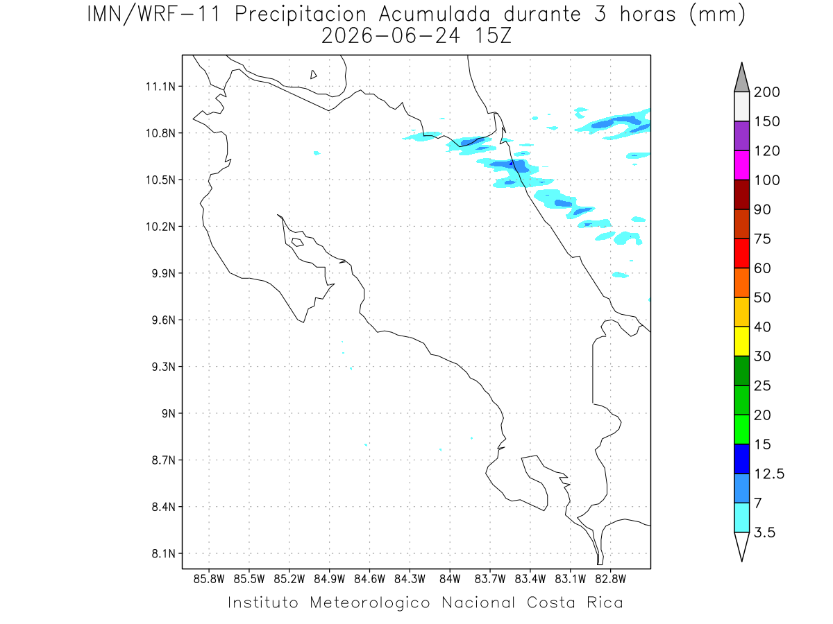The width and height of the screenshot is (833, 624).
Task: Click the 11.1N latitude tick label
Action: click(160, 87)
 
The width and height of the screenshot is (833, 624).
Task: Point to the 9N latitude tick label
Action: click(169, 413)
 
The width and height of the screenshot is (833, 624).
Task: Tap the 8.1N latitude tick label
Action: click(164, 553)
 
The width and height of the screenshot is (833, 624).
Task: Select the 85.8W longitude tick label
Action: click(209, 579)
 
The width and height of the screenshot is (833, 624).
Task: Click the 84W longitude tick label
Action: click(450, 579)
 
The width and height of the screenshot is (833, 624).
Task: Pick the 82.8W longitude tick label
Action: click(610, 579)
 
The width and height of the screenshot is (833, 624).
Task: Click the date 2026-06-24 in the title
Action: click(391, 37)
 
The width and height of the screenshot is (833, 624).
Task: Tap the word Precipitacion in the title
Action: click(301, 15)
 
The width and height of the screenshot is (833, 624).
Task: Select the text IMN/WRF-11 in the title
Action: click(153, 15)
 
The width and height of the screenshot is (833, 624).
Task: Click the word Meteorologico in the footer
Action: click(369, 603)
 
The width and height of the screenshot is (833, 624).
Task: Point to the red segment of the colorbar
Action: click(741, 253)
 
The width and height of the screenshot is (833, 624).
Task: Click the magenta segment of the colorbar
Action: click(741, 165)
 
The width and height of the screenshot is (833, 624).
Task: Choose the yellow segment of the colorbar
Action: click(741, 341)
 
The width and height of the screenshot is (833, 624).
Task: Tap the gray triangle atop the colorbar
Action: click(741, 80)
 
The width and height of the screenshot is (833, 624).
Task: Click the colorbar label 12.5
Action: click(769, 474)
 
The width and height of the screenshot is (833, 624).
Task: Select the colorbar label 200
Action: click(766, 92)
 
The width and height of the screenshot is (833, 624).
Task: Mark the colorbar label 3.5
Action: click(764, 532)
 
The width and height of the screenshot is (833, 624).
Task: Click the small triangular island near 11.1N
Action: click(313, 75)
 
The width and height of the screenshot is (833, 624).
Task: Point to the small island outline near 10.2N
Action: click(298, 242)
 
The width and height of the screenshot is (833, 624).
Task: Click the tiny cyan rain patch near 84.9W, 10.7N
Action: click(317, 153)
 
